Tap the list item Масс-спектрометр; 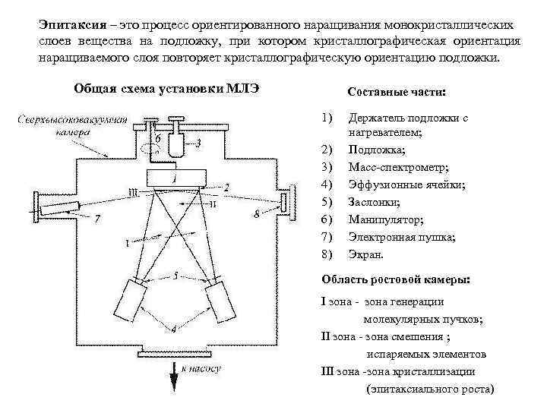click(397, 166)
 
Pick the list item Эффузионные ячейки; click(406, 184)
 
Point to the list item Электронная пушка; click(402, 236)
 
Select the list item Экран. click(366, 254)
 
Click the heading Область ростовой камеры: click(396, 280)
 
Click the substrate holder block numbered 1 click(174, 178)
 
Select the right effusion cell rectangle click(221, 299)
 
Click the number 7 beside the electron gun click(96, 220)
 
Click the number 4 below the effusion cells click(174, 329)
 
